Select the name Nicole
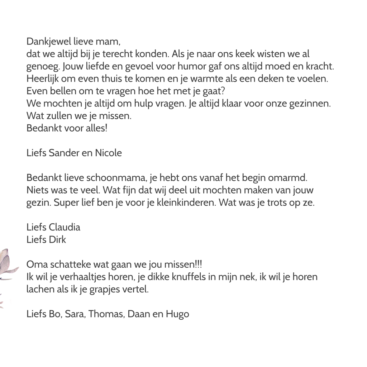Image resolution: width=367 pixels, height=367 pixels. [108, 153]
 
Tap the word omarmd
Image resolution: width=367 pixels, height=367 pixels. [290, 178]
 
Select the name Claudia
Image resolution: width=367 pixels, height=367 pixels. [64, 227]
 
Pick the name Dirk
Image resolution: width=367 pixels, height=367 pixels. [57, 239]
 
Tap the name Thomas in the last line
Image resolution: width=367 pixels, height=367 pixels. [104, 314]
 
